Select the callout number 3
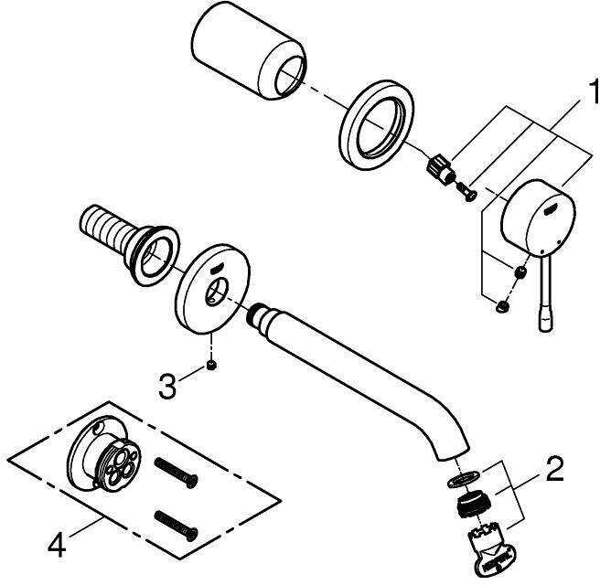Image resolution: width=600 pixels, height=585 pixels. click(x=166, y=386)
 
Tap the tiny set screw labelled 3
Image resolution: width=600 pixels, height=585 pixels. click(x=210, y=366)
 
